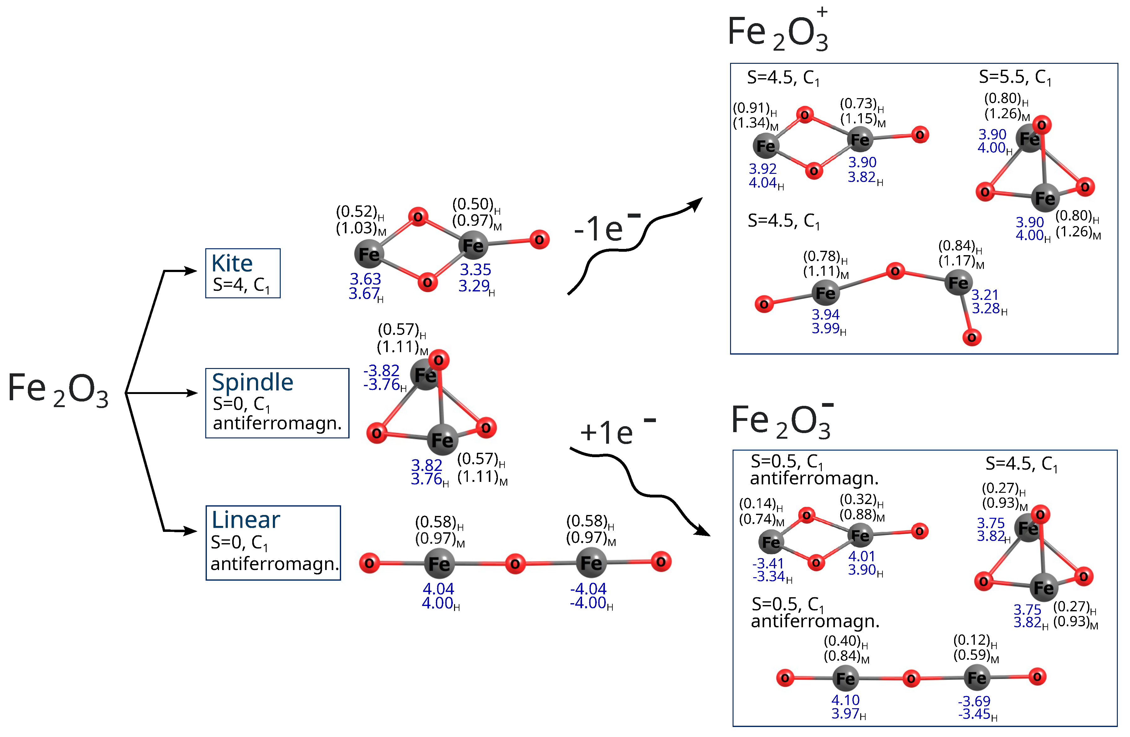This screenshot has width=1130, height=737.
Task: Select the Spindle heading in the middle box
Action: click(x=252, y=382)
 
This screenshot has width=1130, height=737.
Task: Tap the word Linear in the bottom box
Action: click(x=245, y=520)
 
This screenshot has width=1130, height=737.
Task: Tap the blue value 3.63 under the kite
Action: click(x=365, y=279)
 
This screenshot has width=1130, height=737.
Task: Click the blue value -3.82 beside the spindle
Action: click(x=381, y=370)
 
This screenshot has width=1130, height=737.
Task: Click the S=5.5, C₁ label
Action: click(x=1015, y=77)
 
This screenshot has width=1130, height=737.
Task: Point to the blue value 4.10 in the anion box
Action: click(x=845, y=700)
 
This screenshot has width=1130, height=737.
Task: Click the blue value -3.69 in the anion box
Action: click(x=974, y=701)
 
